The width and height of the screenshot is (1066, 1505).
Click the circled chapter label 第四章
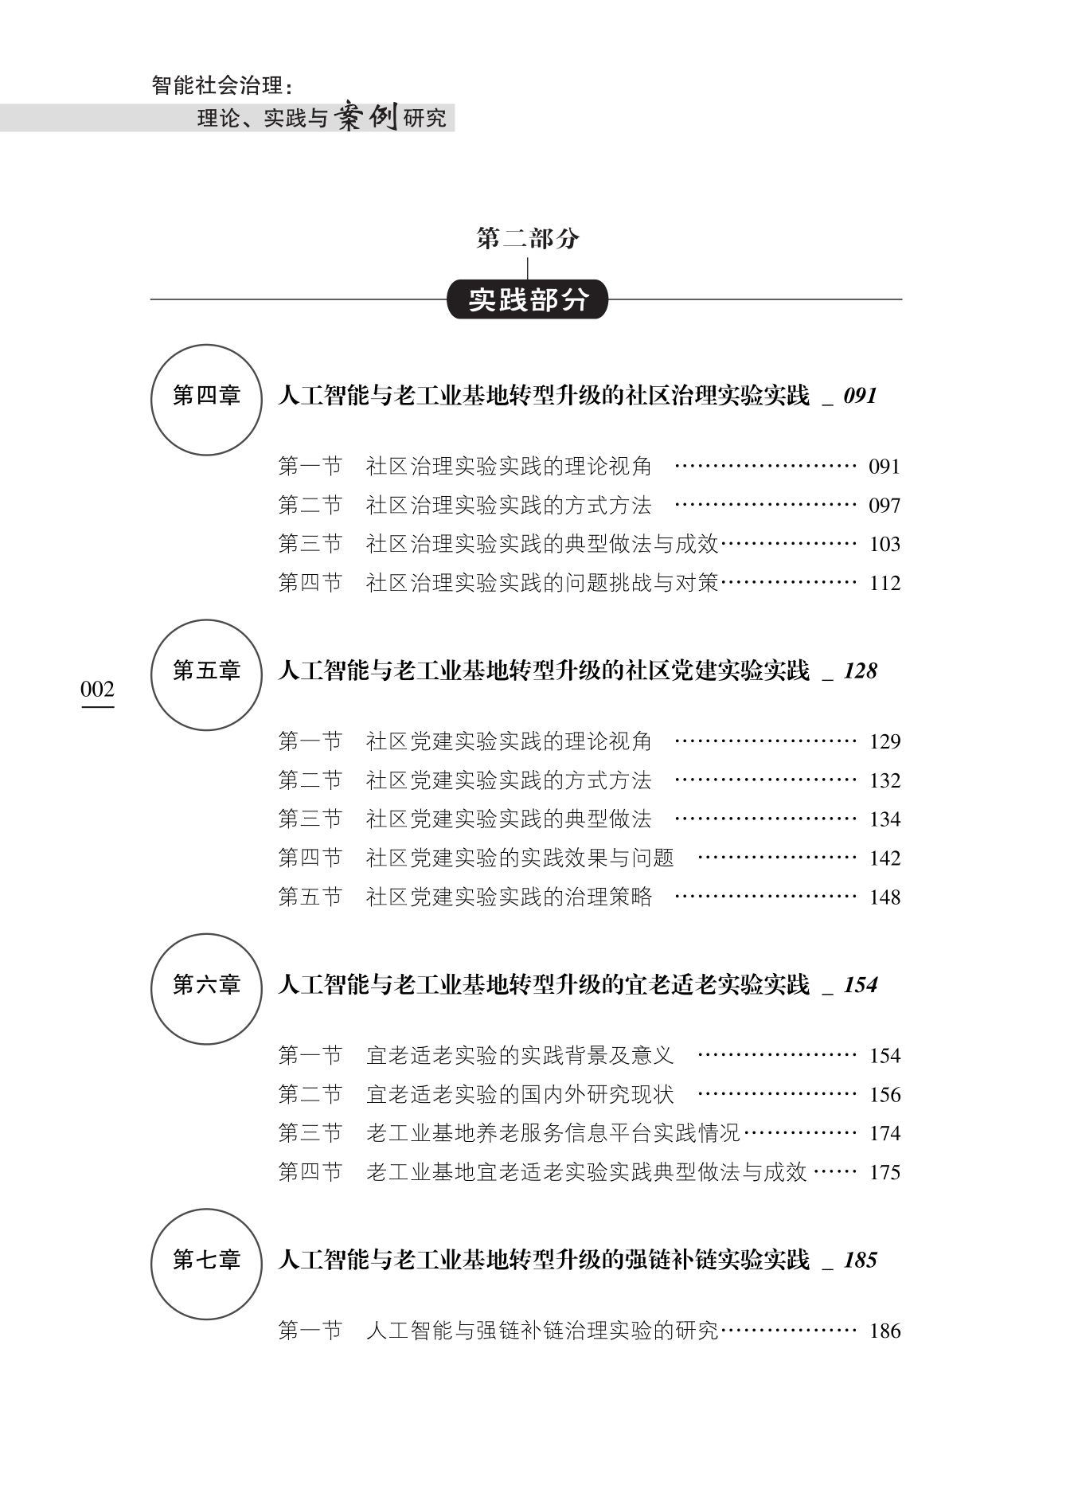tap(206, 396)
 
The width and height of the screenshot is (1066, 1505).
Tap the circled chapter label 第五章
tap(206, 671)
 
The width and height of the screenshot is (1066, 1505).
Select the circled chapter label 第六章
tap(206, 985)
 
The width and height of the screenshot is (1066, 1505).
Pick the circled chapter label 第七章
tap(206, 1261)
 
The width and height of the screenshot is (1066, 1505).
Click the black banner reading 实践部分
tap(527, 300)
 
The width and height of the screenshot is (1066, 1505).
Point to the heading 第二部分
tap(527, 238)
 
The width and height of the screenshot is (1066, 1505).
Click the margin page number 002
tap(97, 690)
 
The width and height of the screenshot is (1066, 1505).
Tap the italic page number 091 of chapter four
tap(860, 396)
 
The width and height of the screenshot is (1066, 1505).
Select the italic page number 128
tap(860, 671)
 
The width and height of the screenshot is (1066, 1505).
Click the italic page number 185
tap(860, 1261)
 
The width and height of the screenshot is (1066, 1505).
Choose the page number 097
tap(884, 506)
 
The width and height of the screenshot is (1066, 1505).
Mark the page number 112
tap(884, 584)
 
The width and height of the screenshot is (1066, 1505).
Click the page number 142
tap(884, 858)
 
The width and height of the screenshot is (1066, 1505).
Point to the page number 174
tap(884, 1133)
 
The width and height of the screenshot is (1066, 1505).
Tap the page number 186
tap(884, 1331)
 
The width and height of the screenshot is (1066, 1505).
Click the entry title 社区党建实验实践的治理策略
tap(509, 897)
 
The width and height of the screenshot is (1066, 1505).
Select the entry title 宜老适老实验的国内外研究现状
tap(520, 1094)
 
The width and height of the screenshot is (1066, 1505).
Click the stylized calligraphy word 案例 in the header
tap(365, 118)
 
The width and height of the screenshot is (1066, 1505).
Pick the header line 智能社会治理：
tap(222, 85)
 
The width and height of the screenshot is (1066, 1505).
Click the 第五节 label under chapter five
tap(310, 897)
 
